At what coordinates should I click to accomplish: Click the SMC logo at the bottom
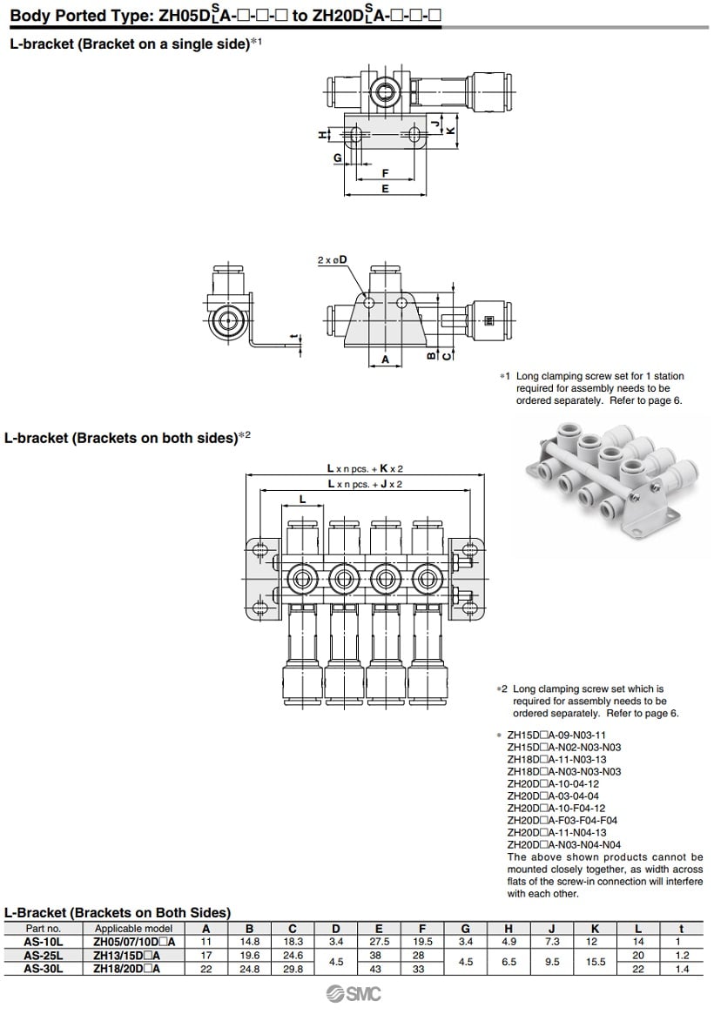[x=354, y=995]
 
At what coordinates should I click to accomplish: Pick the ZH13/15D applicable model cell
[x=135, y=955]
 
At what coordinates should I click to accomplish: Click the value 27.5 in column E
[x=379, y=942]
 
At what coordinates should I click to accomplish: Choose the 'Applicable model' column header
[x=135, y=928]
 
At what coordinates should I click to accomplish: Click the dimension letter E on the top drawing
[x=385, y=188]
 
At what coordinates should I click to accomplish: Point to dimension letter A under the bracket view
[x=385, y=359]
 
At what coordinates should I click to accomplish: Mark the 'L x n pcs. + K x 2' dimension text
[x=365, y=467]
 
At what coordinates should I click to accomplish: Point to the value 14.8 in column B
[x=250, y=942]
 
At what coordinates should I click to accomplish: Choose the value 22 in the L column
[x=639, y=968]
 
